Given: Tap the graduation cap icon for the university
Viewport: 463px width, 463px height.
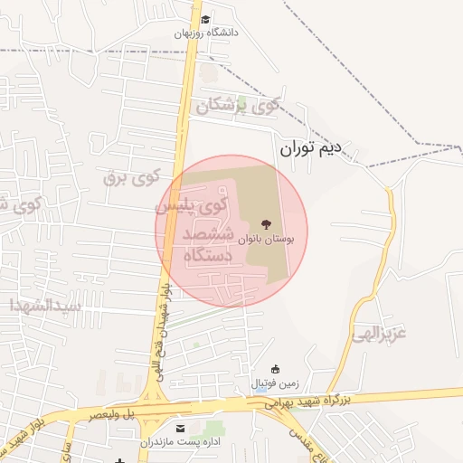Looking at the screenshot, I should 205,19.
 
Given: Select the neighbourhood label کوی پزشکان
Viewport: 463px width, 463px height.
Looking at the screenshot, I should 245,108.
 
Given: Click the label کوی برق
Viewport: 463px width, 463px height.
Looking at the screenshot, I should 130,175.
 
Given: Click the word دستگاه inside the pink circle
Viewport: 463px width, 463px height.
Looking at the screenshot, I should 207,257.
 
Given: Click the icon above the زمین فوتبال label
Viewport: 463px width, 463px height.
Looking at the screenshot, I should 276,369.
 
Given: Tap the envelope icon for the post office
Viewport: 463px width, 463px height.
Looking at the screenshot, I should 179,427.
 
